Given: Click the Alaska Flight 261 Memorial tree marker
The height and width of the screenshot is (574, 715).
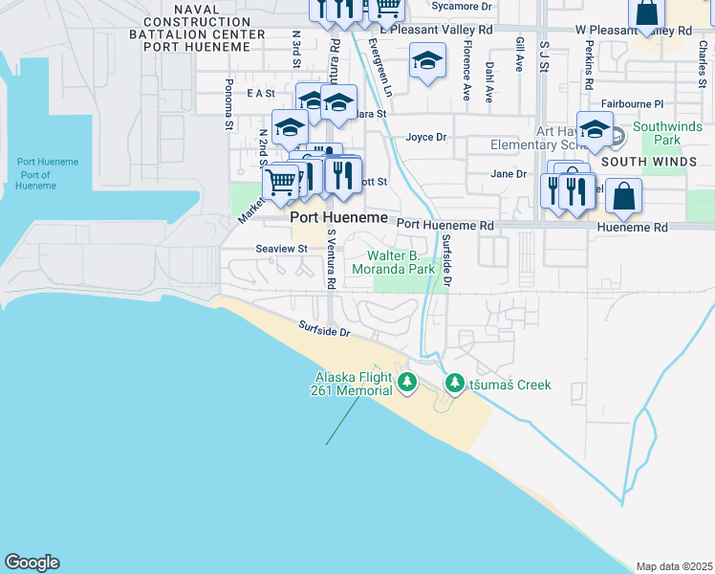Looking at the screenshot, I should pyautogui.click(x=408, y=384).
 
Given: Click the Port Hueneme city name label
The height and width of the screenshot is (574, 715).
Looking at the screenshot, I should pyautogui.click(x=339, y=218).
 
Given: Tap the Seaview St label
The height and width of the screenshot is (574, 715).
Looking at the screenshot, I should pyautogui.click(x=281, y=248).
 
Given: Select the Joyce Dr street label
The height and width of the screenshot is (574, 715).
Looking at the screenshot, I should pyautogui.click(x=426, y=137).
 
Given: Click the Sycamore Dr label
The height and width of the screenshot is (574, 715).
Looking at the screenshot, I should pyautogui.click(x=461, y=6).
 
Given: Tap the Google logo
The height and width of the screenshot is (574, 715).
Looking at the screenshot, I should pyautogui.click(x=32, y=563).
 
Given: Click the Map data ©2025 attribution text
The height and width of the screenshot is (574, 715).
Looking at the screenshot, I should pyautogui.click(x=674, y=566).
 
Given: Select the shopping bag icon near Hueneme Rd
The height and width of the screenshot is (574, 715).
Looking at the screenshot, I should pyautogui.click(x=623, y=196).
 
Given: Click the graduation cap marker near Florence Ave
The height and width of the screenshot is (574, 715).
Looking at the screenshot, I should pyautogui.click(x=428, y=63).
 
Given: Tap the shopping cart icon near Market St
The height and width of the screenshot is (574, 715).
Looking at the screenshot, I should pyautogui.click(x=280, y=181).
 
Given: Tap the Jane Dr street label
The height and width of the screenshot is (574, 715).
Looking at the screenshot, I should pyautogui.click(x=508, y=174).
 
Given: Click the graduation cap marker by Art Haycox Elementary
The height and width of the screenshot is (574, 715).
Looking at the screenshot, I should pyautogui.click(x=595, y=129).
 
